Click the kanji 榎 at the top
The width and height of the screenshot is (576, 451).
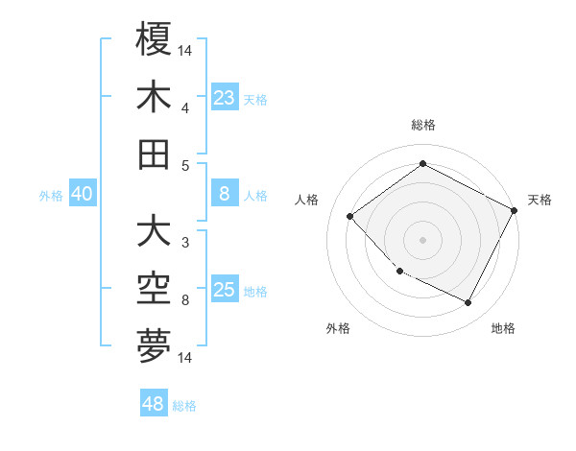(x=154, y=39)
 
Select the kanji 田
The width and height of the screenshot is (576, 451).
(x=154, y=154)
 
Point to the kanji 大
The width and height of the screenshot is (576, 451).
(x=154, y=231)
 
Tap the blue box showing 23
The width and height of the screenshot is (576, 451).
(x=224, y=97)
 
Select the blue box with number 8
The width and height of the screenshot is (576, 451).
(x=224, y=194)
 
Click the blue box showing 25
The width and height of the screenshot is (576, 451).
(x=224, y=290)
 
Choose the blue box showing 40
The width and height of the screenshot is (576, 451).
(x=82, y=194)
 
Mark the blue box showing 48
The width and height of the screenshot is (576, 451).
(x=154, y=404)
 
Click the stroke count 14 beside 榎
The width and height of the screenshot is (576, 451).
(x=185, y=49)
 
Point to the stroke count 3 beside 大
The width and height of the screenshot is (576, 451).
(x=184, y=242)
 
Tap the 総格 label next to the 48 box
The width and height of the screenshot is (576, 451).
(x=184, y=406)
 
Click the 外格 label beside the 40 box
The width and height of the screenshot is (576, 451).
(x=51, y=196)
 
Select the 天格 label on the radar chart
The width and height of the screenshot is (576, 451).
(x=540, y=200)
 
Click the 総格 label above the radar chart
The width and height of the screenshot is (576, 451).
(x=422, y=125)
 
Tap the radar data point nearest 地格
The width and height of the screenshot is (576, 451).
(x=468, y=303)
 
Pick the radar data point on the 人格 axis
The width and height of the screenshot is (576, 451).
(x=350, y=216)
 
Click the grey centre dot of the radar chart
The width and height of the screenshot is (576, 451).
(x=422, y=240)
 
